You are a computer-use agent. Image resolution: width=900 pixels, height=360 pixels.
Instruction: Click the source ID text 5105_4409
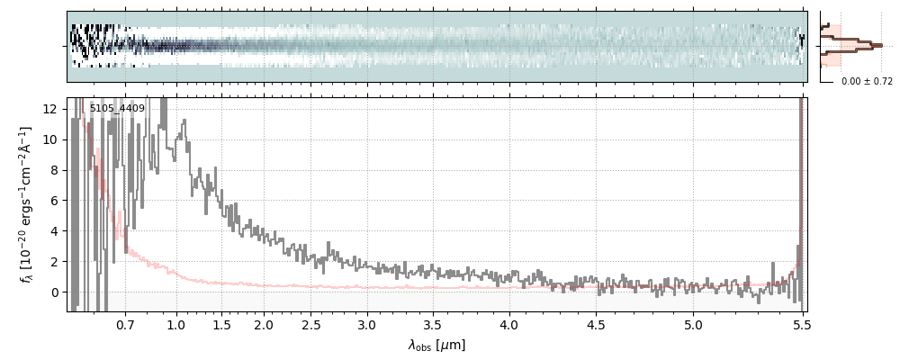117,109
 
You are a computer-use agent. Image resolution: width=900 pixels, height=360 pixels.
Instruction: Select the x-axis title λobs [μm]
436,345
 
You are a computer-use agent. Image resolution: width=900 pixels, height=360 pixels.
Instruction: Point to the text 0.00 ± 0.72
867,82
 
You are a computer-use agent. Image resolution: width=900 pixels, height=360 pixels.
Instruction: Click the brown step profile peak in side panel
877,44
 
